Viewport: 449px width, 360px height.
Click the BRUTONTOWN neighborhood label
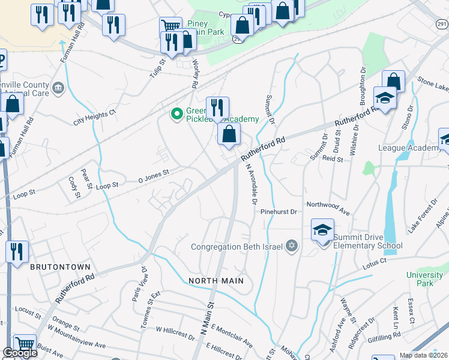(x=60, y=266)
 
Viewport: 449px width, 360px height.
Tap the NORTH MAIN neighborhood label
(x=216, y=280)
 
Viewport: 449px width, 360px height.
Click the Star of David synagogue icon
(x=292, y=246)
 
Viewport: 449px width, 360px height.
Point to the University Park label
(x=424, y=279)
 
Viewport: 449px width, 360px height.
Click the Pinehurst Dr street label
(x=279, y=212)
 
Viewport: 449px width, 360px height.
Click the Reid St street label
(x=332, y=160)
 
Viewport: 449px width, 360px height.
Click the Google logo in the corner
(x=20, y=353)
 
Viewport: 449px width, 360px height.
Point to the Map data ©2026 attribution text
(x=423, y=355)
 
